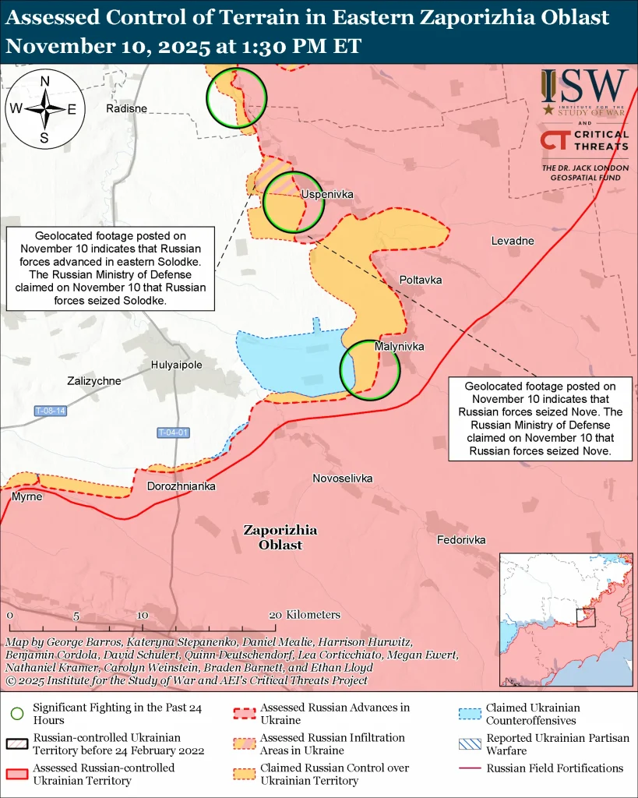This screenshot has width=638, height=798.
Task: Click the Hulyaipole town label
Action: point(176,364)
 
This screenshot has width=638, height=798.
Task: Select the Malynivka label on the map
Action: point(398,345)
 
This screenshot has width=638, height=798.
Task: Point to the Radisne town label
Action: point(126,108)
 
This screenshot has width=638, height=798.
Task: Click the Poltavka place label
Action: point(421,279)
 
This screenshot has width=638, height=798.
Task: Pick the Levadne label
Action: point(512,241)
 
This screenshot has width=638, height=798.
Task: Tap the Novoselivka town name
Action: point(342,478)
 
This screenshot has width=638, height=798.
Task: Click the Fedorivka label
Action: point(461,539)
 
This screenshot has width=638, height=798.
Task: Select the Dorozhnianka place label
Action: point(182,486)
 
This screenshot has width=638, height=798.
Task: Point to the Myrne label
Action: point(27,496)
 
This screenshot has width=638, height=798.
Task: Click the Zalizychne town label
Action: point(94,381)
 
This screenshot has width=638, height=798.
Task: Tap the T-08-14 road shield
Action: point(51,411)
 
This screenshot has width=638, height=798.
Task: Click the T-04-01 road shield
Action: point(174,433)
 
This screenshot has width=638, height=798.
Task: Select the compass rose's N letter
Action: point(45,81)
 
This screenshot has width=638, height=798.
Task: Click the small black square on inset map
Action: point(586,618)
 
